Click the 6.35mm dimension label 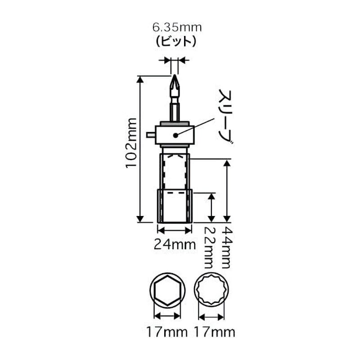(x=177, y=27)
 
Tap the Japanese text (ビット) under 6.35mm (x=176, y=42)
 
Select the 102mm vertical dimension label (x=131, y=143)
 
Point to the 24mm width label (x=175, y=244)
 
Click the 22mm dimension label (x=209, y=248)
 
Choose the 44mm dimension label (x=227, y=248)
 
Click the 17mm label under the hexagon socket (x=167, y=332)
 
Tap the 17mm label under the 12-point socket (x=215, y=332)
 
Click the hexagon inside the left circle (x=167, y=290)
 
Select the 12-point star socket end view (x=211, y=290)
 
